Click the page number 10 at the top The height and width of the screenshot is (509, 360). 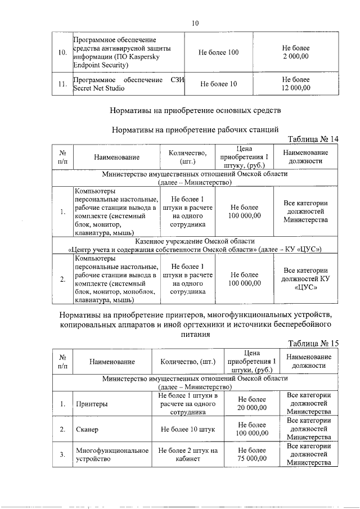click(x=195, y=23)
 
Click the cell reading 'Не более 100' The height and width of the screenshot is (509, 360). click(x=219, y=52)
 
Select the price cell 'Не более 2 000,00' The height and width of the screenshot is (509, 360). click(x=296, y=52)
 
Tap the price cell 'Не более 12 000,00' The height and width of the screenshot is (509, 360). click(x=296, y=84)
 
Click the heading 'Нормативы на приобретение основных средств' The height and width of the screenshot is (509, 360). click(x=195, y=110)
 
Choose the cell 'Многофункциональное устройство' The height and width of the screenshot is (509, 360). click(x=112, y=454)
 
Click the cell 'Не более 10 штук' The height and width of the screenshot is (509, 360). click(x=188, y=430)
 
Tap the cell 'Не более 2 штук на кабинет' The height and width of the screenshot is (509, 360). click(x=188, y=454)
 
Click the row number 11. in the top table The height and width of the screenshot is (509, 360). click(x=63, y=84)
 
